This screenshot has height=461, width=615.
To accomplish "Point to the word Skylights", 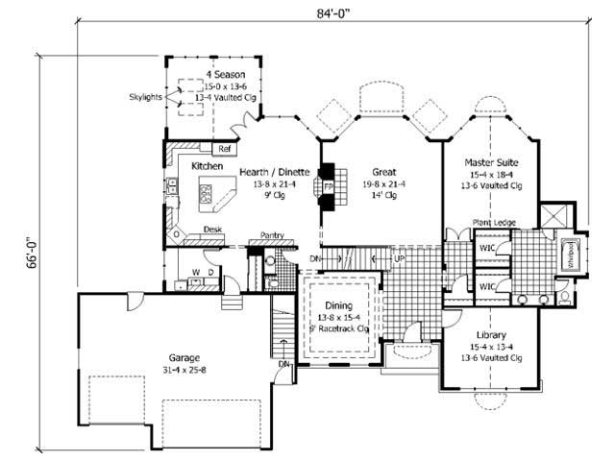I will [147, 97].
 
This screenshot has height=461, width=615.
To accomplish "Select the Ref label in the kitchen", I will [224, 149].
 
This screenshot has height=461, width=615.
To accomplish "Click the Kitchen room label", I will [207, 166].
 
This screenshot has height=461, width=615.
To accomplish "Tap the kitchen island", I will [212, 198].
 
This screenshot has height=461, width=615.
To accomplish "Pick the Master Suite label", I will [493, 163].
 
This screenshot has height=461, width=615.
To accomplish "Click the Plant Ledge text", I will [493, 223].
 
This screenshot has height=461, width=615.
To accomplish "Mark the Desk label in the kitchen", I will [213, 230].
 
